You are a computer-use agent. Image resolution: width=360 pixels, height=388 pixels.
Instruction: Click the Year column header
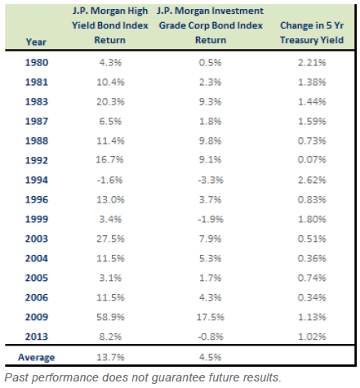pyautogui.click(x=36, y=42)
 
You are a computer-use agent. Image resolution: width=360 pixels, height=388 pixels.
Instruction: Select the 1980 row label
pyautogui.click(x=37, y=63)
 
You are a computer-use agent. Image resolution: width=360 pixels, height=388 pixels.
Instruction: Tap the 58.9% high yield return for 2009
pyautogui.click(x=110, y=317)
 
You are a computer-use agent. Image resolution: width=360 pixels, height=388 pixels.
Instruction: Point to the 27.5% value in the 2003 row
pyautogui.click(x=110, y=239)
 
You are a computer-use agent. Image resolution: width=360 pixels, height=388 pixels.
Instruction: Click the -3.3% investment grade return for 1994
pyautogui.click(x=211, y=180)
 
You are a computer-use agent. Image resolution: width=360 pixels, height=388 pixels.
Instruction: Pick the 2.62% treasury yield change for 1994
pyautogui.click(x=312, y=180)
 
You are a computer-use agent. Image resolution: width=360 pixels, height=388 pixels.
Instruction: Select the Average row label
pyautogui.click(x=37, y=357)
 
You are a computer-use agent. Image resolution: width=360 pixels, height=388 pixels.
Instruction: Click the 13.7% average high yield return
pyautogui.click(x=110, y=357)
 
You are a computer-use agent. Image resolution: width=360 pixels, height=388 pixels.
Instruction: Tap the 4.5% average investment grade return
pyautogui.click(x=210, y=357)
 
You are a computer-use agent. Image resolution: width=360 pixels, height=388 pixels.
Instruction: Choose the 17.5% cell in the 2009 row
pyautogui.click(x=211, y=317)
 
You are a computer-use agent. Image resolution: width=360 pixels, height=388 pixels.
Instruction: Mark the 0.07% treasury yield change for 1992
pyautogui.click(x=312, y=159)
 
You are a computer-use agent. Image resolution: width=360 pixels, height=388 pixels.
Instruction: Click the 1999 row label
pyautogui.click(x=37, y=219)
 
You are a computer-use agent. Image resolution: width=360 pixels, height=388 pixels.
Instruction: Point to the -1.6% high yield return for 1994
pyautogui.click(x=110, y=180)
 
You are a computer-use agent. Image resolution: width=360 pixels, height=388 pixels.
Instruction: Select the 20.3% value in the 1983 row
pyautogui.click(x=110, y=102)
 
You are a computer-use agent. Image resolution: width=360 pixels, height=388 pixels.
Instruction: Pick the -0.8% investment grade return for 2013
pyautogui.click(x=211, y=337)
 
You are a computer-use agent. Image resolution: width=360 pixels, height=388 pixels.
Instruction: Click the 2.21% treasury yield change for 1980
pyautogui.click(x=312, y=63)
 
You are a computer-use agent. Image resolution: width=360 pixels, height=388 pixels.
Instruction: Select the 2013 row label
pyautogui.click(x=37, y=337)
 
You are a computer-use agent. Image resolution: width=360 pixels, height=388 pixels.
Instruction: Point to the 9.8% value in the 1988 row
pyautogui.click(x=210, y=140)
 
